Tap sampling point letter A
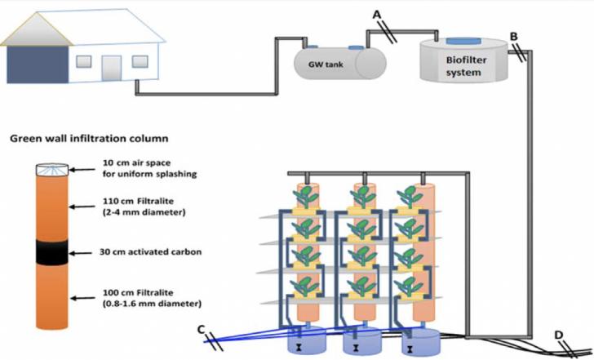(x=376, y=14)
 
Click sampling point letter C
(x=201, y=328)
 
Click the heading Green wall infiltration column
(x=89, y=138)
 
